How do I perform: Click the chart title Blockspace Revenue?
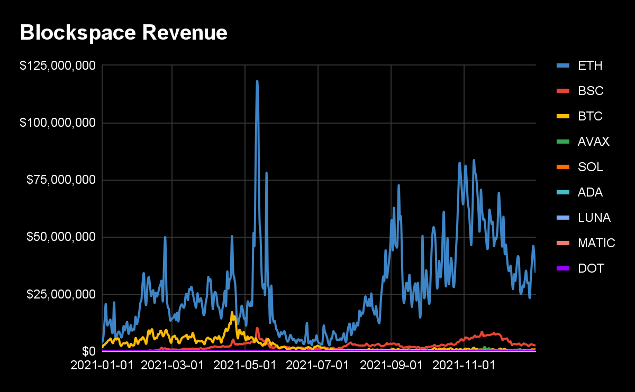tap(124, 33)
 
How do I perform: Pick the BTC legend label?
tap(590, 116)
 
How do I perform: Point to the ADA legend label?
tap(590, 192)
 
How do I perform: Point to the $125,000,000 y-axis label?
tap(58, 66)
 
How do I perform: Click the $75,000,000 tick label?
tap(61, 180)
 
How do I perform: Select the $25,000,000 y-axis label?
tap(61, 294)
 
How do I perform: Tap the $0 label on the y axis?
tap(89, 351)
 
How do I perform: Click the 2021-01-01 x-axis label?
tap(102, 366)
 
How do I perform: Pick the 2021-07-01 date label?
tap(317, 366)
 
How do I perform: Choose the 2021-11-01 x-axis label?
tap(464, 366)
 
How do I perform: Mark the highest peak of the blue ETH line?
tap(257, 81)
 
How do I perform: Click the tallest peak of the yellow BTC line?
tap(232, 312)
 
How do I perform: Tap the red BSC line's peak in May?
tap(257, 328)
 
